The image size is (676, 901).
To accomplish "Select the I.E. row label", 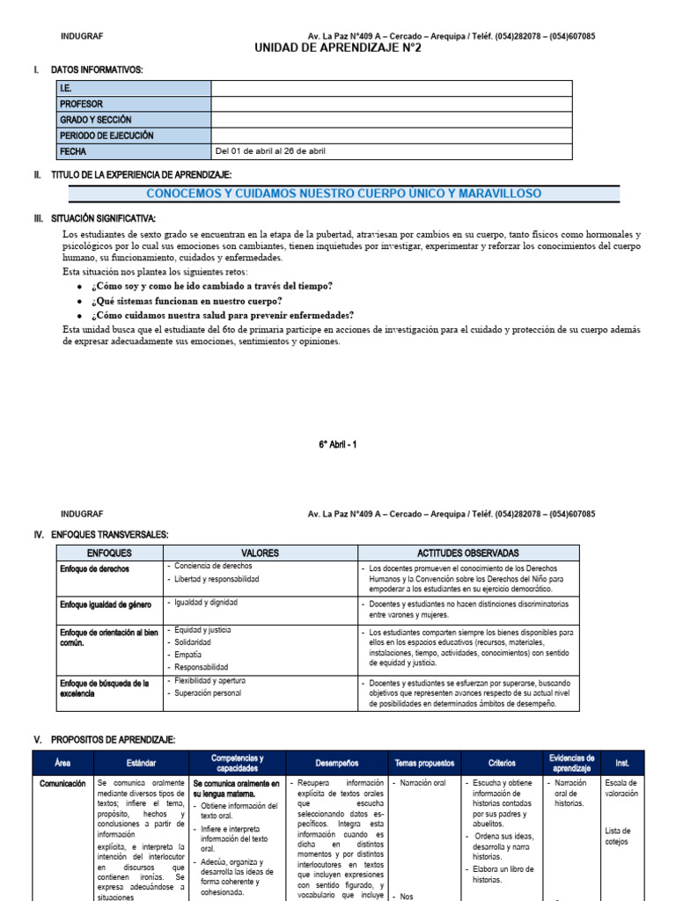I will coord(66,88).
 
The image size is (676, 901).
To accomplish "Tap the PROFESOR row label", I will coord(81,104).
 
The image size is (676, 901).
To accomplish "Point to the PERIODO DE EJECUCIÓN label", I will coord(106,136).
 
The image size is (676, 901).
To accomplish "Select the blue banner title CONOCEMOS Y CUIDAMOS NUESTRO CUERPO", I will coord(343,194).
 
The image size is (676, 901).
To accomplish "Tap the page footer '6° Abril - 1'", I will coord(338,445).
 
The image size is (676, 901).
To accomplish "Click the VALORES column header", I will coord(259,553).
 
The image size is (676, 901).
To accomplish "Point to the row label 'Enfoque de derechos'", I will coord(94,569).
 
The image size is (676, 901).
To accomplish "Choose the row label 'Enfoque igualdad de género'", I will coord(106,605).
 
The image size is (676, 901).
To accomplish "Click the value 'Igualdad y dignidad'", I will coord(206,603).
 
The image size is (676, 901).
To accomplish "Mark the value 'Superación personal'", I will coord(208,693).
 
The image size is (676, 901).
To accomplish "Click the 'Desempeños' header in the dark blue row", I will coord(335,763).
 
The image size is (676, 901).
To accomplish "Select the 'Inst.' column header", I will coord(622,763).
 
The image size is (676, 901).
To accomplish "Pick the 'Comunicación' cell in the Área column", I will coord(62,783).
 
